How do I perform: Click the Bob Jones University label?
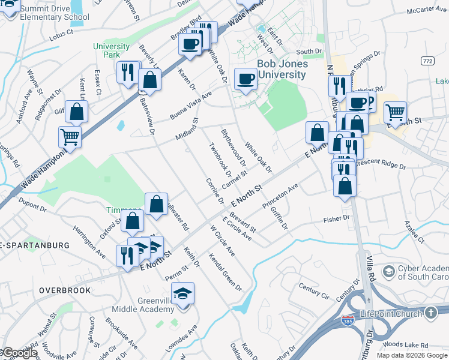[x=282, y=69]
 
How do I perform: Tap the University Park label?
[x=107, y=50]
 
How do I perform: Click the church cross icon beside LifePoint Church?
[x=430, y=313]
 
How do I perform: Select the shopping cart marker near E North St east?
[x=395, y=112]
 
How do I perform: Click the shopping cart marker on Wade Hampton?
[x=70, y=137]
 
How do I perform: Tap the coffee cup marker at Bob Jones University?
[x=245, y=79]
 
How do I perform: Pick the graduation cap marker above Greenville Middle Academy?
[x=182, y=294]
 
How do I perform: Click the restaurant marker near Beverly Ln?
[x=128, y=73]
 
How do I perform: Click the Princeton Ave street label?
[x=280, y=196]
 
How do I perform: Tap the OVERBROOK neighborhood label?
[x=65, y=290]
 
